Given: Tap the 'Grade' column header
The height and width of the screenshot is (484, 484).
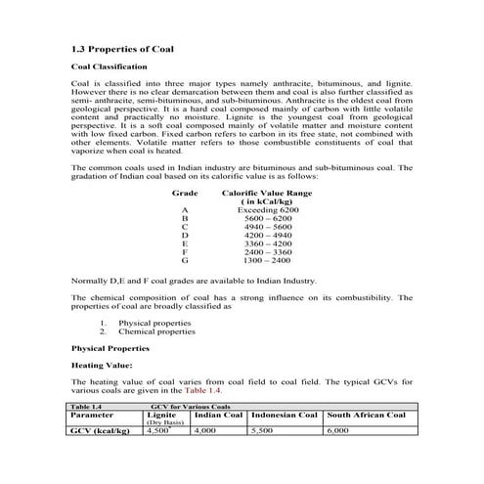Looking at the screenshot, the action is pos(185,194).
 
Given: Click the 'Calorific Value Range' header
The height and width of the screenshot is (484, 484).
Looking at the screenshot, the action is pos(267,194).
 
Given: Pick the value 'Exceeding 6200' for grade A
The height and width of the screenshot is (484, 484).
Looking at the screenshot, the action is pos(267,210).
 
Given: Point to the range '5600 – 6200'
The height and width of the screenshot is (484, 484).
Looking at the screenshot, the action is pos(267,218).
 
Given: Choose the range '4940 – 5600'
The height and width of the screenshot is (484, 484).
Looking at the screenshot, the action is pos(267,227).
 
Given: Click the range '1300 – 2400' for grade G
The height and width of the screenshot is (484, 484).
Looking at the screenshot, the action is pos(267,261).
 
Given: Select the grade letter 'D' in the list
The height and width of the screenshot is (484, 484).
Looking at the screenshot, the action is pos(184,236).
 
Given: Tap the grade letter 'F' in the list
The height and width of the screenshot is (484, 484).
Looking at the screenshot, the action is pos(184,252).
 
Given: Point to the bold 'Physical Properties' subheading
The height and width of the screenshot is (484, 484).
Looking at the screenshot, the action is pos(109,348).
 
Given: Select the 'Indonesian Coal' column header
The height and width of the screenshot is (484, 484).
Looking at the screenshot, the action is pos(284,415).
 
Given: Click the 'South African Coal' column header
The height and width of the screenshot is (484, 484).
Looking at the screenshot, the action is pos(366,415).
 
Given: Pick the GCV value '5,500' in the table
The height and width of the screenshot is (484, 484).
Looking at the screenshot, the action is pos(262,429).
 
